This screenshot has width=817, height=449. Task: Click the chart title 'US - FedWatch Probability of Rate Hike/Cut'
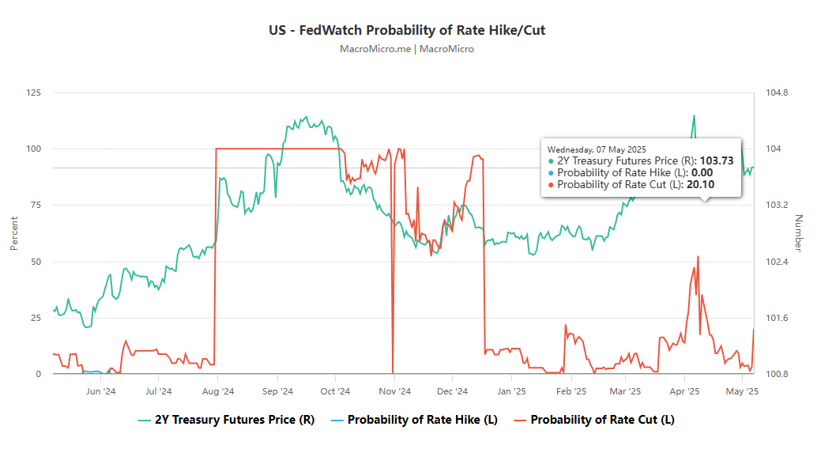pos(407,31)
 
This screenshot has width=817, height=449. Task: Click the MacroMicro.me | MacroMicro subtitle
pos(407,49)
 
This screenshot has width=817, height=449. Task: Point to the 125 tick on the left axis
pos(33,92)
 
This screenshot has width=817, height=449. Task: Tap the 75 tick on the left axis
pos(36,205)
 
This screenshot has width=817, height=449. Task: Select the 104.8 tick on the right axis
pos(777,92)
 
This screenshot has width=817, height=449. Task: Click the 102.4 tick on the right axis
pos(777,262)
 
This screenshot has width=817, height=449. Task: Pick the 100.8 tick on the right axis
pos(777,374)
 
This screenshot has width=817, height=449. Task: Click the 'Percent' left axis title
pos(14,233)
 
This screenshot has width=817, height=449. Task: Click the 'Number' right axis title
pos(798,233)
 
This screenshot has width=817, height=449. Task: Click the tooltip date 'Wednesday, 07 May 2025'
pos(597,149)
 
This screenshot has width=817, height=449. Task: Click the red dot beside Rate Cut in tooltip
pos(551,185)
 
